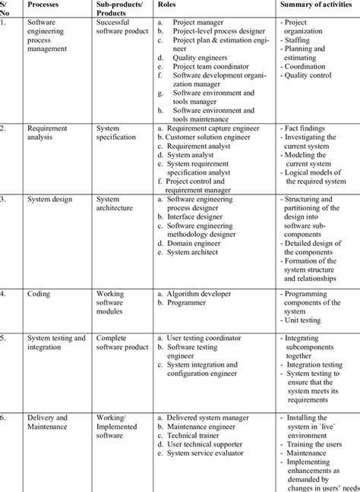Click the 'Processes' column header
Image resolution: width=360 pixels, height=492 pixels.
(46, 4)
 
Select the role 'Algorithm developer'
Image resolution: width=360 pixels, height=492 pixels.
(205, 292)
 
